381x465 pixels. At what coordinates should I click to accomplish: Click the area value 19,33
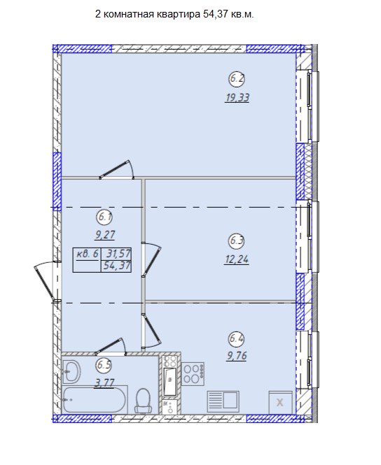pyautogui.click(x=237, y=97)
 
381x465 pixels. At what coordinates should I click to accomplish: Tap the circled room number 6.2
pyautogui.click(x=237, y=79)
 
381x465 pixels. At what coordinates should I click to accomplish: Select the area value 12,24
pyautogui.click(x=237, y=259)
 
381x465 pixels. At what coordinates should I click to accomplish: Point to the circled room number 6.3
pyautogui.click(x=237, y=241)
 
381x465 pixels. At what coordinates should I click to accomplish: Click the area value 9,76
pyautogui.click(x=237, y=355)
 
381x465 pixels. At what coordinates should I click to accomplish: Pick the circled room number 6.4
pyautogui.click(x=237, y=338)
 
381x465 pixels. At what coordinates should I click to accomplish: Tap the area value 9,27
pyautogui.click(x=105, y=235)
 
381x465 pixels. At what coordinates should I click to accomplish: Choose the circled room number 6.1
pyautogui.click(x=104, y=217)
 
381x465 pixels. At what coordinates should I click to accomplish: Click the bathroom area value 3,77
pyautogui.click(x=104, y=382)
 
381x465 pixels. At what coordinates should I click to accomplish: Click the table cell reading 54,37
pyautogui.click(x=117, y=266)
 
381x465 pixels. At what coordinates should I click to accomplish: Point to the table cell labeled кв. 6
pyautogui.click(x=88, y=254)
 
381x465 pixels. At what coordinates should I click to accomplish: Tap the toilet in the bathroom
pyautogui.click(x=143, y=401)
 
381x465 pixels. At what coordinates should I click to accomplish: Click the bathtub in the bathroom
pyautogui.click(x=95, y=400)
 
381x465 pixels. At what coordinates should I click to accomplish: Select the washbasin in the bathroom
pyautogui.click(x=72, y=371)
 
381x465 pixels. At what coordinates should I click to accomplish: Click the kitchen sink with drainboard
pyautogui.click(x=223, y=401)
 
